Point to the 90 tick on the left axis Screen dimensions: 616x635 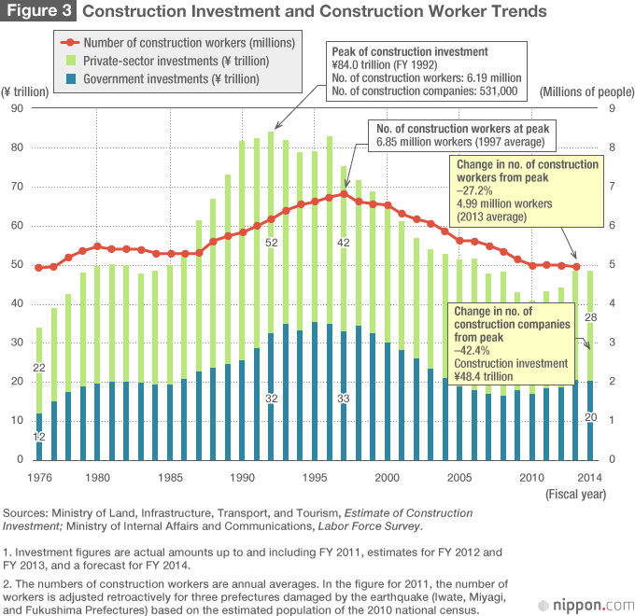coord(17,108)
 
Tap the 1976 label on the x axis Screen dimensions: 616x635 coord(38,478)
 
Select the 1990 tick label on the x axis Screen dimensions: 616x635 coord(243,478)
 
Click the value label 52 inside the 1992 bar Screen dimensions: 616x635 coord(272,244)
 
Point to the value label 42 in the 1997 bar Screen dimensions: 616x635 coord(344,243)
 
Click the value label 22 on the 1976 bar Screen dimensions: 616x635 coord(39,368)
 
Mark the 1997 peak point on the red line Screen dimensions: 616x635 coord(344,194)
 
